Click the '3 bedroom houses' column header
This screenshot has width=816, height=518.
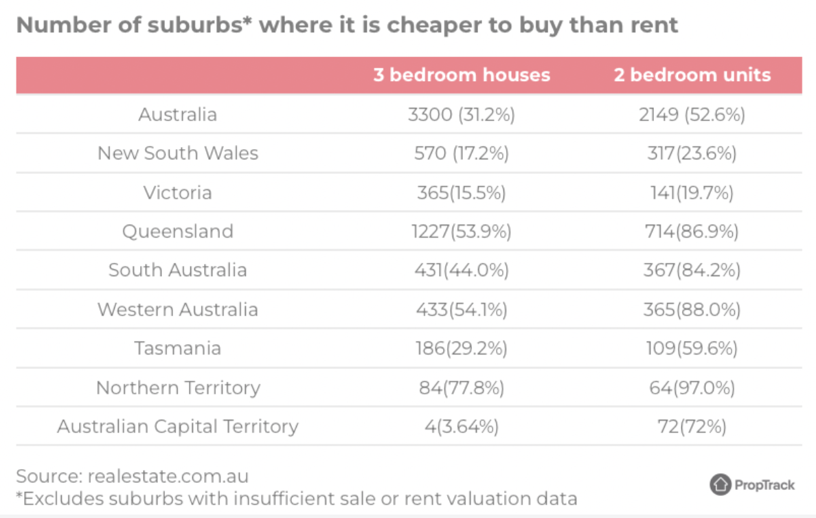pyautogui.click(x=462, y=75)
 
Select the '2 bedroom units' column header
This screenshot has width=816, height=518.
pyautogui.click(x=692, y=75)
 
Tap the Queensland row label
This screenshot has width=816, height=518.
pyautogui.click(x=178, y=231)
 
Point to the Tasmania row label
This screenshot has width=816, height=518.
pyautogui.click(x=178, y=348)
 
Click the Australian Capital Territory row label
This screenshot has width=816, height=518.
pyautogui.click(x=178, y=426)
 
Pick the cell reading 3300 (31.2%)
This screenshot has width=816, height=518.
pyautogui.click(x=462, y=114)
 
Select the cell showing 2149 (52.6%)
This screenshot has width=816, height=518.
pyautogui.click(x=692, y=114)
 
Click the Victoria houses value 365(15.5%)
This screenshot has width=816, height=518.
pyautogui.click(x=462, y=192)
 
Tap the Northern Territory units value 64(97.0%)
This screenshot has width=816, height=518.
pyautogui.click(x=692, y=387)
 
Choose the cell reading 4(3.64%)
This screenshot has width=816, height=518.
pyautogui.click(x=462, y=426)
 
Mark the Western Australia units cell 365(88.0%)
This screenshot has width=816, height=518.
pyautogui.click(x=692, y=309)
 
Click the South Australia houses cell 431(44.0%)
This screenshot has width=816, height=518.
pyautogui.click(x=462, y=270)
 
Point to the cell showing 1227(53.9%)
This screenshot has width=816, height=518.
pyautogui.click(x=462, y=231)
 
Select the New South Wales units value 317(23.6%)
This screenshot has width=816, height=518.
pyautogui.click(x=692, y=153)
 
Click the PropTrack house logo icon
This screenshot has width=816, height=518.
pyautogui.click(x=721, y=484)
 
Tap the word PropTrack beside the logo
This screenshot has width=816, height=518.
pyautogui.click(x=764, y=485)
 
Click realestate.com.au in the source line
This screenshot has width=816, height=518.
pyautogui.click(x=168, y=476)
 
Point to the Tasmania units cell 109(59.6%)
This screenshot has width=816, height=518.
pyautogui.click(x=692, y=348)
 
